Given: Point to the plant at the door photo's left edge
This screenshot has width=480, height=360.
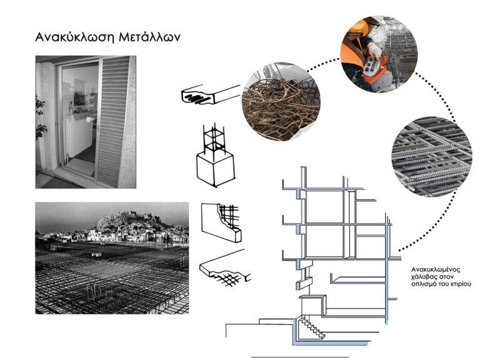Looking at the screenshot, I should tap(41, 119).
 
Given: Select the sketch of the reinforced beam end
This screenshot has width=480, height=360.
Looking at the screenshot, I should tap(209, 95).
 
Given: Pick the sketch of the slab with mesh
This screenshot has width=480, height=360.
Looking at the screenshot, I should tap(224, 266).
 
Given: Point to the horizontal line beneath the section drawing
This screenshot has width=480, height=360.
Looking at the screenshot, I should tap(299, 356).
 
